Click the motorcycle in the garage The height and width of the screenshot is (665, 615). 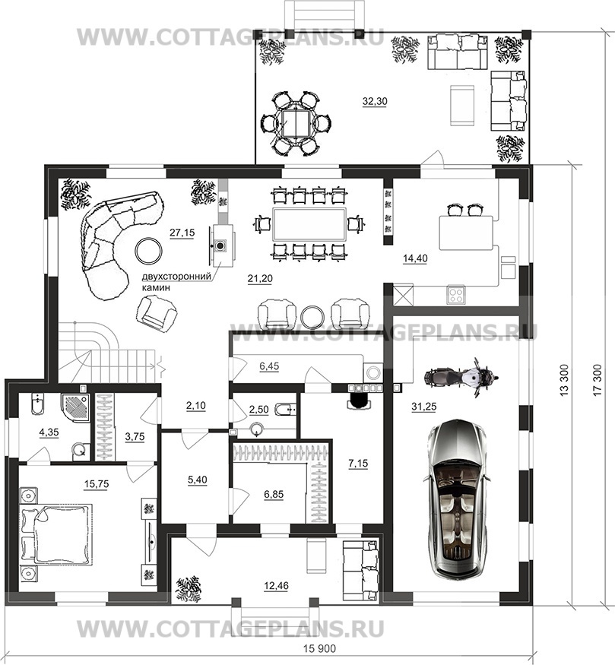(x=461, y=377)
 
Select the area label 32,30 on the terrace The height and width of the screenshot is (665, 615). (x=375, y=101)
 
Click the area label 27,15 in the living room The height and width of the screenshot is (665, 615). (x=182, y=233)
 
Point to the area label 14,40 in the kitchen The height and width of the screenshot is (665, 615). (x=415, y=258)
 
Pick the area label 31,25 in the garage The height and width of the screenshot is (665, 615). (x=423, y=407)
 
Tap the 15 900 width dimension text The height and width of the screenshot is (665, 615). (x=320, y=649)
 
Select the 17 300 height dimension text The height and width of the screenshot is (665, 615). (x=598, y=380)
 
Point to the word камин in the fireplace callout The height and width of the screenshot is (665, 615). (x=156, y=287)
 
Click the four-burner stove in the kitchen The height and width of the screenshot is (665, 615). (x=456, y=294)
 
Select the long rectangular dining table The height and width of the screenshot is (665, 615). (x=309, y=224)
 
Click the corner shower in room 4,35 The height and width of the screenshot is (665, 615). (x=75, y=407)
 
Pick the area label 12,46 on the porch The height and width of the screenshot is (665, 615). (x=276, y=586)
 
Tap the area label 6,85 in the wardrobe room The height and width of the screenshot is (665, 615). (x=274, y=494)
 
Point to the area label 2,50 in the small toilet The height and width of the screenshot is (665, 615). (x=258, y=410)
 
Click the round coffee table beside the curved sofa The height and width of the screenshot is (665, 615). (x=148, y=250)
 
